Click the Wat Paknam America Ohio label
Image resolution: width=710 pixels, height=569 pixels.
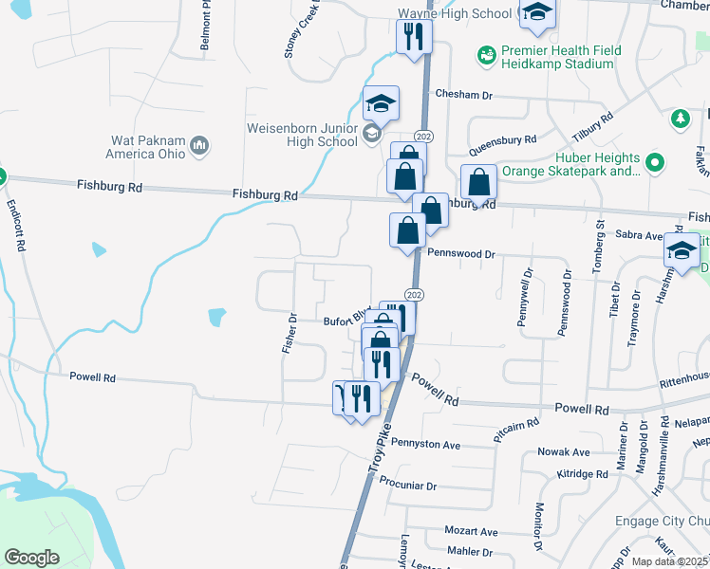[148, 146]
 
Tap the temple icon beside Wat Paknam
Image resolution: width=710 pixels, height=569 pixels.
[199, 145]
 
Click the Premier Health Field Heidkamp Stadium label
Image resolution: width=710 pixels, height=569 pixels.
[557, 57]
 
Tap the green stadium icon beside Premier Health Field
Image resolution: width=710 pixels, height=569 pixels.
[486, 56]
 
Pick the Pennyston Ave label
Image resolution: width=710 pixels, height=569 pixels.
[425, 444]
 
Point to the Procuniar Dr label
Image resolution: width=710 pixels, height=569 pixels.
[406, 486]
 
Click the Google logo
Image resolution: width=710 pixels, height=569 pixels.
[32, 557]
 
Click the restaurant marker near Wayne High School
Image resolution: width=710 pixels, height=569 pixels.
[414, 38]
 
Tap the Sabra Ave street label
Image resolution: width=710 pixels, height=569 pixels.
[640, 234]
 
